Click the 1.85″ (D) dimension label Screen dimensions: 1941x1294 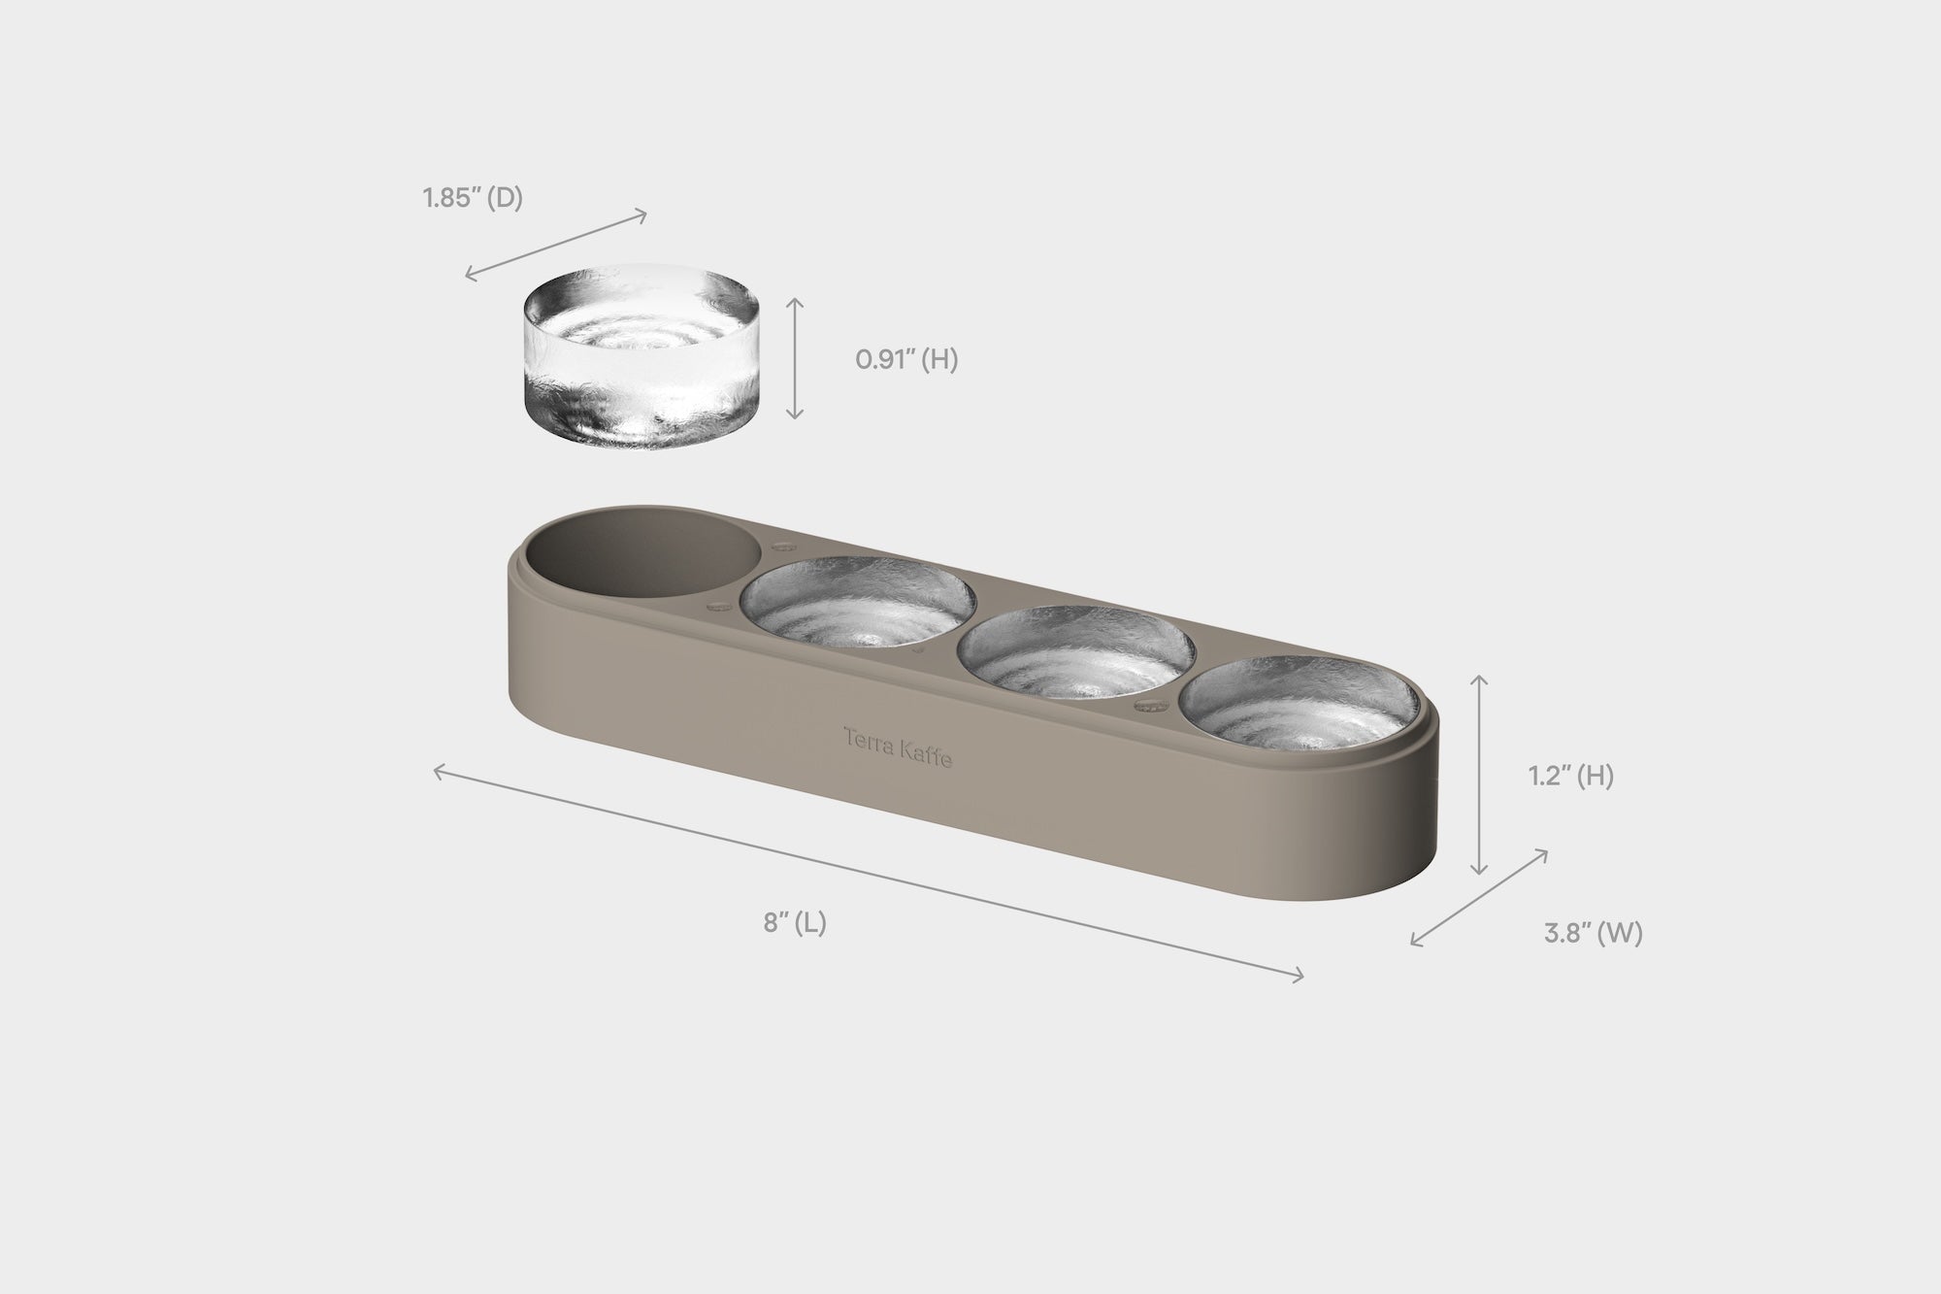coord(473,199)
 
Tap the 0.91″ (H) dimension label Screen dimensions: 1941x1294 coord(906,360)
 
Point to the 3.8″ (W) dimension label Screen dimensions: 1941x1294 coord(1593,934)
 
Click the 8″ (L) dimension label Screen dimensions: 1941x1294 coord(795,922)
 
